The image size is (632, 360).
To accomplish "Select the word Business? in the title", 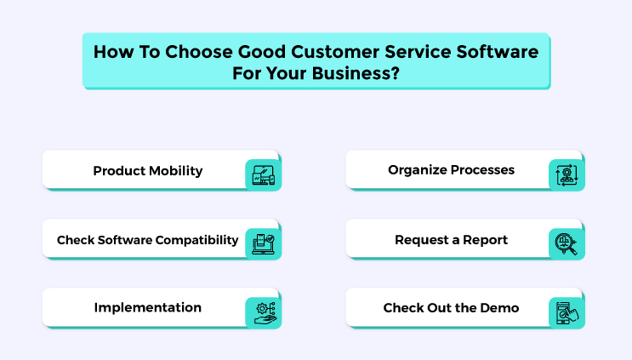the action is click(x=356, y=73).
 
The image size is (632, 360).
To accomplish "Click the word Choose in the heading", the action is click(x=199, y=52).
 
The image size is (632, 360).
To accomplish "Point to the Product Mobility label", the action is click(x=148, y=171).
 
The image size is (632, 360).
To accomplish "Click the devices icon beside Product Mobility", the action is click(x=263, y=175).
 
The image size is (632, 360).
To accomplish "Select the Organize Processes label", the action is click(x=451, y=170).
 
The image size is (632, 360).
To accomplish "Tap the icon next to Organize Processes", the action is click(x=567, y=175).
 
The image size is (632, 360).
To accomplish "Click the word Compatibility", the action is click(x=197, y=240).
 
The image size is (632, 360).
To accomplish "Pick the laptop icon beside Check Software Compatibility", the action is click(x=263, y=244).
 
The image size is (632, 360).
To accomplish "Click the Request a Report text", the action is click(x=451, y=240).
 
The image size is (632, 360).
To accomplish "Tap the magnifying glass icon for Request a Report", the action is click(x=567, y=244).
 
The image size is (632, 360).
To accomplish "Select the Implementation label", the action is click(x=148, y=307).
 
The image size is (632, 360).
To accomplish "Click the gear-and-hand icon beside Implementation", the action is click(x=265, y=313).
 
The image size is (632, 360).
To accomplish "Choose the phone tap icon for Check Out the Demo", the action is click(x=567, y=313).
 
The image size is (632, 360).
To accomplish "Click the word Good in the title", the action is click(x=262, y=52).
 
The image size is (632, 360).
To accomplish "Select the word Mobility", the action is click(x=176, y=171).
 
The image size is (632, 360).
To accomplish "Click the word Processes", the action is click(x=482, y=170).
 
